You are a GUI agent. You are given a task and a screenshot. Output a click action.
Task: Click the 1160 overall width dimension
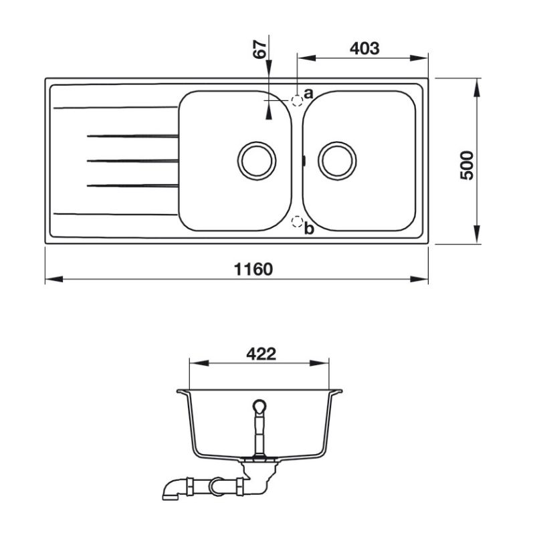pyautogui.click(x=253, y=270)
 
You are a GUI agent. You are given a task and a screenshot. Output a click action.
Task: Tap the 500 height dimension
pyautogui.click(x=467, y=165)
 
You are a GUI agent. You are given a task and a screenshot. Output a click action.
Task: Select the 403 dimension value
pyautogui.click(x=364, y=48)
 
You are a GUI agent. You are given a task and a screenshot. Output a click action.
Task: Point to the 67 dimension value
pyautogui.click(x=259, y=49)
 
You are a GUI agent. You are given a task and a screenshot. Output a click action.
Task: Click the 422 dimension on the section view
pyautogui.click(x=261, y=354)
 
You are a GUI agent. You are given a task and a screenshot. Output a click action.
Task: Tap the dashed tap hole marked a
pyautogui.click(x=297, y=100)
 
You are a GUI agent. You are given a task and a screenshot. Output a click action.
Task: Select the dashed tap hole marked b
pyautogui.click(x=297, y=222)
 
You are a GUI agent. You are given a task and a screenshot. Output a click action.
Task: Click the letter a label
pyautogui.click(x=308, y=93)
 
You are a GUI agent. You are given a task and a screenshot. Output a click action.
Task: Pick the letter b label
pyautogui.click(x=309, y=229)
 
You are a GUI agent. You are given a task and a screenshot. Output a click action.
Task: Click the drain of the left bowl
pyautogui.click(x=257, y=160)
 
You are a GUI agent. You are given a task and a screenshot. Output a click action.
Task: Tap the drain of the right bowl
pyautogui.click(x=337, y=160)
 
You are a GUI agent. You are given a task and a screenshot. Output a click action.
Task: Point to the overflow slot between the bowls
pyautogui.click(x=304, y=160)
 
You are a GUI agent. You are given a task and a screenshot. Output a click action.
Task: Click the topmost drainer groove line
pyautogui.click(x=116, y=108)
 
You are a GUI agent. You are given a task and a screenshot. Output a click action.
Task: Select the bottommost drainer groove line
pyautogui.click(x=116, y=214)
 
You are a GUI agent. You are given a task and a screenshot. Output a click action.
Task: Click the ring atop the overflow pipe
pyautogui.click(x=259, y=407)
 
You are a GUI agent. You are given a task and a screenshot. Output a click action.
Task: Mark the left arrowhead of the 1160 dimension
pyautogui.click(x=54, y=279)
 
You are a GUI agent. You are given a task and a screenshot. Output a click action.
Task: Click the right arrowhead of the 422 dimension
pyautogui.click(x=320, y=363)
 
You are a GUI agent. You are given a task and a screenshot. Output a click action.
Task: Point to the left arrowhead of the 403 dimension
pyautogui.click(x=306, y=58)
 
